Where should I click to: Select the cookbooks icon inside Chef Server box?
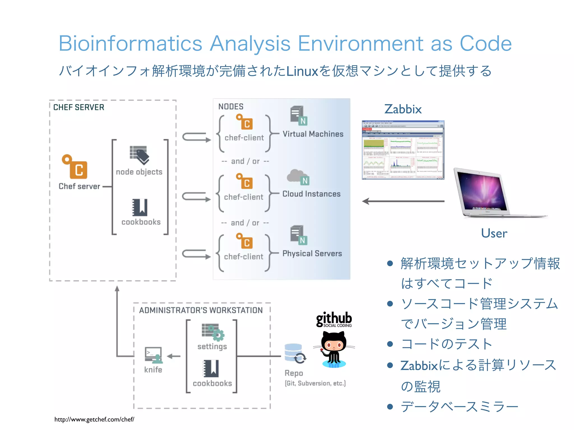140,207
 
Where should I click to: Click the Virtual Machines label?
313,134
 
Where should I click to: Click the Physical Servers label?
312,254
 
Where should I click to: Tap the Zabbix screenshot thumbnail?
403,150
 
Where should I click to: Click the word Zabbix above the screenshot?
403,109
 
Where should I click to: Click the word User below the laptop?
494,233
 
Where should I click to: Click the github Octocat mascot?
334,349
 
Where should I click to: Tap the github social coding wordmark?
334,319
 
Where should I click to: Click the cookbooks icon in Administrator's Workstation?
211,368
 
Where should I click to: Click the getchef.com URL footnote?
94,419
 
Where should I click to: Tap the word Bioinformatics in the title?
130,44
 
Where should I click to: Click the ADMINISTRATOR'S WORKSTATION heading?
201,310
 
